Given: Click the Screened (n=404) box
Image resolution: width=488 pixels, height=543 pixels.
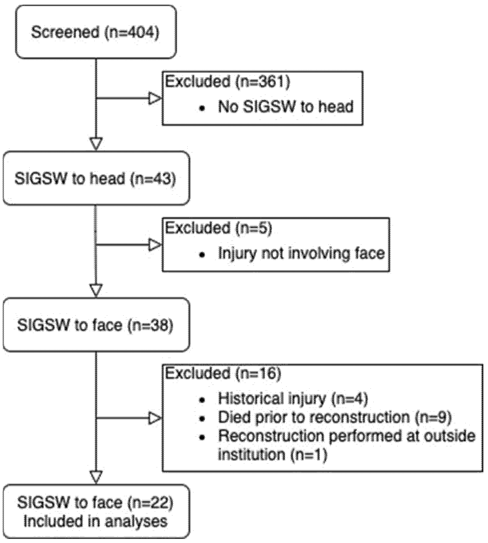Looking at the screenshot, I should [96, 32].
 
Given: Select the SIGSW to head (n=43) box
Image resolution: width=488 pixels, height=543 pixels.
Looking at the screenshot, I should [96, 179].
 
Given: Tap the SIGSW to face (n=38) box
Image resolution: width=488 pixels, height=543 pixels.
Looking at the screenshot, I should [96, 325].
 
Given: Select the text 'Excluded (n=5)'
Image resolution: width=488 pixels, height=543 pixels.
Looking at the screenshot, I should [219, 228].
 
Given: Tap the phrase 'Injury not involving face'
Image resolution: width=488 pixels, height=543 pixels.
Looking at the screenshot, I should [301, 253].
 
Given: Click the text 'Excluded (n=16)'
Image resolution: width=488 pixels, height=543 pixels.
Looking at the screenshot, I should [223, 373].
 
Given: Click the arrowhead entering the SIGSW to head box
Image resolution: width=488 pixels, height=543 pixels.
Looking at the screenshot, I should [96, 144].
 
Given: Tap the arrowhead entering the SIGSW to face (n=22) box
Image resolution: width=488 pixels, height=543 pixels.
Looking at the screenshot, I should [96, 477].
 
